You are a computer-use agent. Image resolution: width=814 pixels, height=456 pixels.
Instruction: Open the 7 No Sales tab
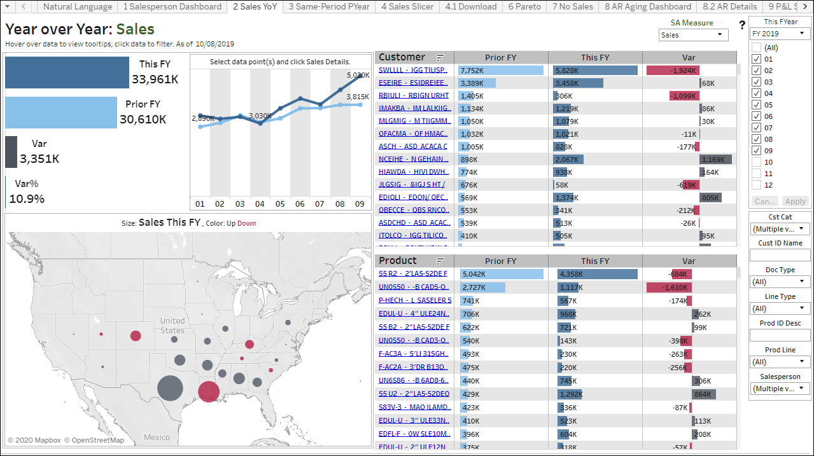click(x=572, y=7)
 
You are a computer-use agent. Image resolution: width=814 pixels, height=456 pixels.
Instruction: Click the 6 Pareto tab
click(x=524, y=7)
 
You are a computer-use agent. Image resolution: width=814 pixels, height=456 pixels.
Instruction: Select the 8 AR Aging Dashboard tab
click(x=647, y=7)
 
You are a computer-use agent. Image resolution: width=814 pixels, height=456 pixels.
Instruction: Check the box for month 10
click(x=756, y=162)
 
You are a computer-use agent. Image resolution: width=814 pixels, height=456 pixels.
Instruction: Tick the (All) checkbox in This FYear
click(x=756, y=48)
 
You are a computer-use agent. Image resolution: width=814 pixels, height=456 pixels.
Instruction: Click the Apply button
click(x=795, y=201)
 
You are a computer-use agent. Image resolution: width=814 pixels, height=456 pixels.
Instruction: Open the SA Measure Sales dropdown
click(x=693, y=35)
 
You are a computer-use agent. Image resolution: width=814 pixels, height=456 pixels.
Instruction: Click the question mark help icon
click(x=742, y=25)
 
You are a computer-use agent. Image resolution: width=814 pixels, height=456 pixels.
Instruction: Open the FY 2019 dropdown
click(x=780, y=34)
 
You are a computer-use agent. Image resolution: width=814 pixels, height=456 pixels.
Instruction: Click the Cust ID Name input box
click(x=780, y=255)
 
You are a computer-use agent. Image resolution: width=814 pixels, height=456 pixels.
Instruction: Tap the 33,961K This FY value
click(x=155, y=79)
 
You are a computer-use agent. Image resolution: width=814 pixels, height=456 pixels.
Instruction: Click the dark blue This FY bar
click(x=67, y=73)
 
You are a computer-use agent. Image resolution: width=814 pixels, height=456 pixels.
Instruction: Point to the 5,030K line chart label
click(x=358, y=75)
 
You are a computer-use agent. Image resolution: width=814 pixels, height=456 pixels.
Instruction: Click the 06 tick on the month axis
click(x=300, y=204)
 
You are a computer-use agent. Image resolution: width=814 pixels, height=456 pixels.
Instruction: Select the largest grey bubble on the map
click(x=169, y=388)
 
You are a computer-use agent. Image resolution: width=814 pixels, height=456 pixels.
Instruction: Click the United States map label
click(x=172, y=326)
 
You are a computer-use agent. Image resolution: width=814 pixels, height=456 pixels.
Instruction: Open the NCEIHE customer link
click(x=413, y=159)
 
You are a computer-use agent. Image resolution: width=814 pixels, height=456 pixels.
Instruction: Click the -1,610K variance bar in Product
click(x=668, y=287)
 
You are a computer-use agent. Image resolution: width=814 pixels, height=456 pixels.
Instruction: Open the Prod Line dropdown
click(x=780, y=362)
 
